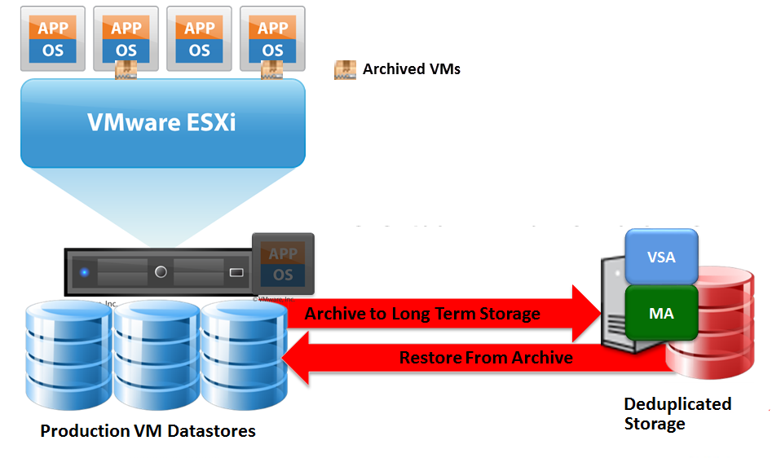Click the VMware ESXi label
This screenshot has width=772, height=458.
[163, 122]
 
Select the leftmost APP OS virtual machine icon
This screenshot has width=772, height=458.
[52, 38]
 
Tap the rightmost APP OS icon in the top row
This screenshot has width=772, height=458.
[272, 38]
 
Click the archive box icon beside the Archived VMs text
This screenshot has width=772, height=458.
[345, 69]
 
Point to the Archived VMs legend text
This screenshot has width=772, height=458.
[412, 69]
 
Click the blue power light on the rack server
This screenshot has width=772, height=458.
[85, 271]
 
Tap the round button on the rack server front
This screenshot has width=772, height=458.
[161, 271]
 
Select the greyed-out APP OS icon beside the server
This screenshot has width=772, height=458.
[283, 264]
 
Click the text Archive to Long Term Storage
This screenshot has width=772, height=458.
[422, 314]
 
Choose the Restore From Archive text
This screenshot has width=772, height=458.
[486, 358]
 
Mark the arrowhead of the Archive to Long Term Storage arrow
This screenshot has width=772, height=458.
[586, 314]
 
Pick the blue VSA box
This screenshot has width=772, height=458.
[661, 257]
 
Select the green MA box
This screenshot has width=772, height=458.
[661, 313]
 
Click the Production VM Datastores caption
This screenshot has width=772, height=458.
[148, 431]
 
